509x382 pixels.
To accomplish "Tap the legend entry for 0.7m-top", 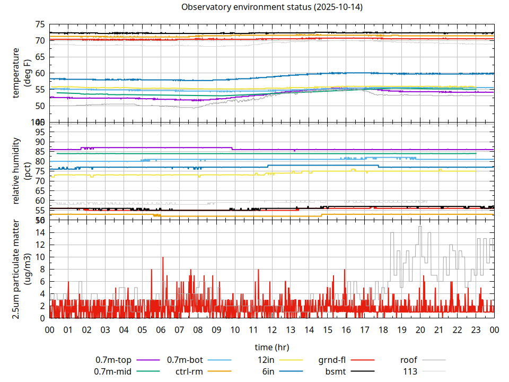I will click(113, 360).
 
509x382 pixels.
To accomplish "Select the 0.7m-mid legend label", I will click(113, 371).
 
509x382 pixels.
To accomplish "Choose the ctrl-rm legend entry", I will click(189, 371).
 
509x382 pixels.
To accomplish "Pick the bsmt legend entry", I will click(335, 371).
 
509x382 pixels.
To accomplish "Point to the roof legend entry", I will click(408, 360).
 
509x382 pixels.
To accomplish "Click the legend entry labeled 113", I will click(410, 371).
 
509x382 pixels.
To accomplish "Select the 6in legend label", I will click(268, 371).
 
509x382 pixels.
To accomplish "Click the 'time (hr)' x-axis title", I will click(271, 348).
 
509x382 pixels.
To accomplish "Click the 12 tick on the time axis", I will click(271, 329).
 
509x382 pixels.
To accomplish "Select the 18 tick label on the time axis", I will click(383, 329).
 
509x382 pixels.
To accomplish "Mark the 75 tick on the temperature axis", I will click(40, 24).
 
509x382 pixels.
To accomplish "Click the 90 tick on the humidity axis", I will click(40, 142).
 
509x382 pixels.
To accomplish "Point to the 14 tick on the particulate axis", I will click(40, 232).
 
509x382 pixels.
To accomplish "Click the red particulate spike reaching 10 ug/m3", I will click(163, 258).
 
